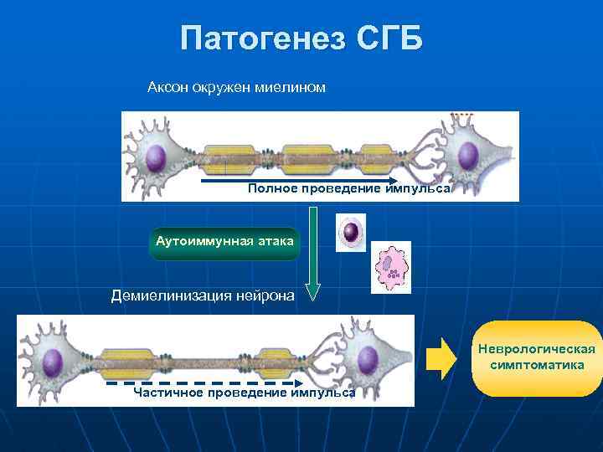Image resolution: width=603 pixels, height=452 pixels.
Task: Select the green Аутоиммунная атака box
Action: [x=224, y=242]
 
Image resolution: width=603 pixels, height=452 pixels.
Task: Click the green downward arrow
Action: [x=312, y=252]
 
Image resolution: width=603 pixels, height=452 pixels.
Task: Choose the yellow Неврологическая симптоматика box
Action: [x=537, y=358]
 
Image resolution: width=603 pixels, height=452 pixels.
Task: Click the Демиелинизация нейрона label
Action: [x=204, y=295]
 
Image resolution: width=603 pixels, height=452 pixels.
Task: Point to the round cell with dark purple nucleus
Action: [x=350, y=232]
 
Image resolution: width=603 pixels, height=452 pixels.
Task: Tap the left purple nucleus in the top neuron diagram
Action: [x=155, y=157]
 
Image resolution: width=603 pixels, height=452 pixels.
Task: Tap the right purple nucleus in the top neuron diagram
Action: [x=467, y=156]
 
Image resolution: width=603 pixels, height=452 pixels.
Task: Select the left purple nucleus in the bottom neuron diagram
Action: [x=52, y=362]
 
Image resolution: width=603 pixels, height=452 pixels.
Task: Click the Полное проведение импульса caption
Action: [x=348, y=189]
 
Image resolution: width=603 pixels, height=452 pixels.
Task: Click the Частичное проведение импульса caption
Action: [x=245, y=393]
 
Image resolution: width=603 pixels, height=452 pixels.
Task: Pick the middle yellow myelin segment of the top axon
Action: [x=310, y=157]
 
